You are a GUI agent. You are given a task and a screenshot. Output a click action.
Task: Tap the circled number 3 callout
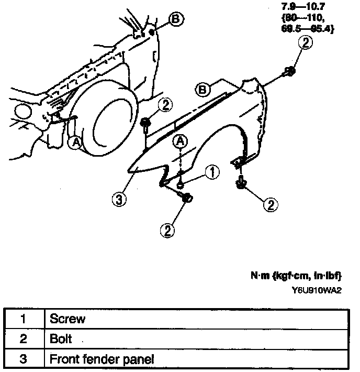120,200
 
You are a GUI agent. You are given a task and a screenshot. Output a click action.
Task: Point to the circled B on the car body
175,19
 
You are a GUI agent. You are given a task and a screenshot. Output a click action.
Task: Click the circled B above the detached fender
203,90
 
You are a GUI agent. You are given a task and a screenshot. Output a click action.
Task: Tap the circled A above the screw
181,140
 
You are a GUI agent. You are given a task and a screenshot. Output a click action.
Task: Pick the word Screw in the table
67,318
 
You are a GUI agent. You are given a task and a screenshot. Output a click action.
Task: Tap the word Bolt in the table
61,338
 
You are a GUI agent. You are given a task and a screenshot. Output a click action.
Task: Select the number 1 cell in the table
22,318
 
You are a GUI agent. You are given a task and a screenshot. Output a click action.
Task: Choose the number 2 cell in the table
22,338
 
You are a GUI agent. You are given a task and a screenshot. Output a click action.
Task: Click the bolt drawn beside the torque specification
289,71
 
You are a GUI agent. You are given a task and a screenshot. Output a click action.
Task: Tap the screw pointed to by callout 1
181,184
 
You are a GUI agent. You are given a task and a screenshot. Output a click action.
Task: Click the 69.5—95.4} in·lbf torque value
307,29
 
